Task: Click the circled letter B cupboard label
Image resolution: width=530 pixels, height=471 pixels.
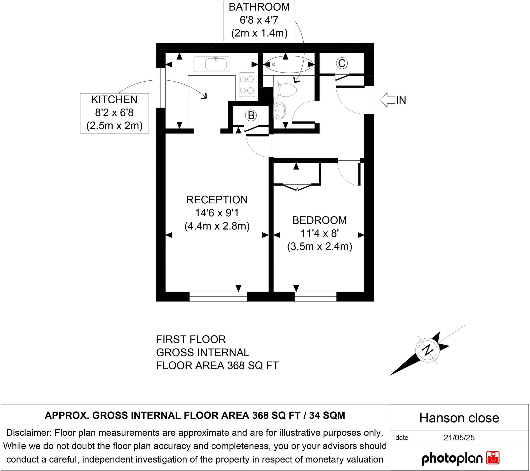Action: [251, 116]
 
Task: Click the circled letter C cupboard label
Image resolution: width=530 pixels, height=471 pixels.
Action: [342, 63]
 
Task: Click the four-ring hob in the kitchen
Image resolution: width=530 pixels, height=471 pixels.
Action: [247, 84]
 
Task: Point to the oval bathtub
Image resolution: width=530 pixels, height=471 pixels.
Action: [289, 64]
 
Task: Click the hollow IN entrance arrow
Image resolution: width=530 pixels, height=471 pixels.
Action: [387, 100]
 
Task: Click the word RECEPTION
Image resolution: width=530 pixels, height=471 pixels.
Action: [217, 200]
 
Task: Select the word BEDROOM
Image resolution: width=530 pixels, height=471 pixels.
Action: [319, 220]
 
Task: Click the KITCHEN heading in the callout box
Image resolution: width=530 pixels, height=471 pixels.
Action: [114, 100]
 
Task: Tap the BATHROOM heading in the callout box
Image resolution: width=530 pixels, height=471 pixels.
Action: [259, 7]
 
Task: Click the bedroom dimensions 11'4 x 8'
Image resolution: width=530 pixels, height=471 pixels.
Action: [319, 233]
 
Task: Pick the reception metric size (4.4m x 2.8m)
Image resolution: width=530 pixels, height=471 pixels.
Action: [217, 226]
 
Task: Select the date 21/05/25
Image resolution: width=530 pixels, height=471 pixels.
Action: [459, 438]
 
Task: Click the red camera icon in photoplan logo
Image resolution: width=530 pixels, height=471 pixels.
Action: [493, 458]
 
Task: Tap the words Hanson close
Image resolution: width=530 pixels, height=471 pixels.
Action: [459, 418]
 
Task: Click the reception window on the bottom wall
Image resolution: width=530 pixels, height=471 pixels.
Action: [218, 297]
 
